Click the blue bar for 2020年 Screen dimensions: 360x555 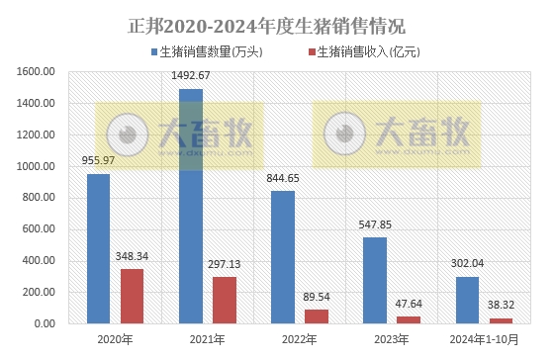pos(98,248)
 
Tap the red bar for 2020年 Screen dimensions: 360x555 pos(133,296)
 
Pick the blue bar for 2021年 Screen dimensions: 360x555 pos(190,206)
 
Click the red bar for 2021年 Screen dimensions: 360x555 pos(225,300)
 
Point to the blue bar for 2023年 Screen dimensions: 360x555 pos(374,280)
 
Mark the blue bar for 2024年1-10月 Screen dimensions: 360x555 pos(466,300)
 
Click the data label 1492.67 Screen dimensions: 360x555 pos(191,77)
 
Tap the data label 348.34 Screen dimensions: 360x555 pos(134,256)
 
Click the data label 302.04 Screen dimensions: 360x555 pos(467,264)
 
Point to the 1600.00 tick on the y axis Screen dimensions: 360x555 pos(36,71)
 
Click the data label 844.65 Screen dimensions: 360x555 pos(283,178)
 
